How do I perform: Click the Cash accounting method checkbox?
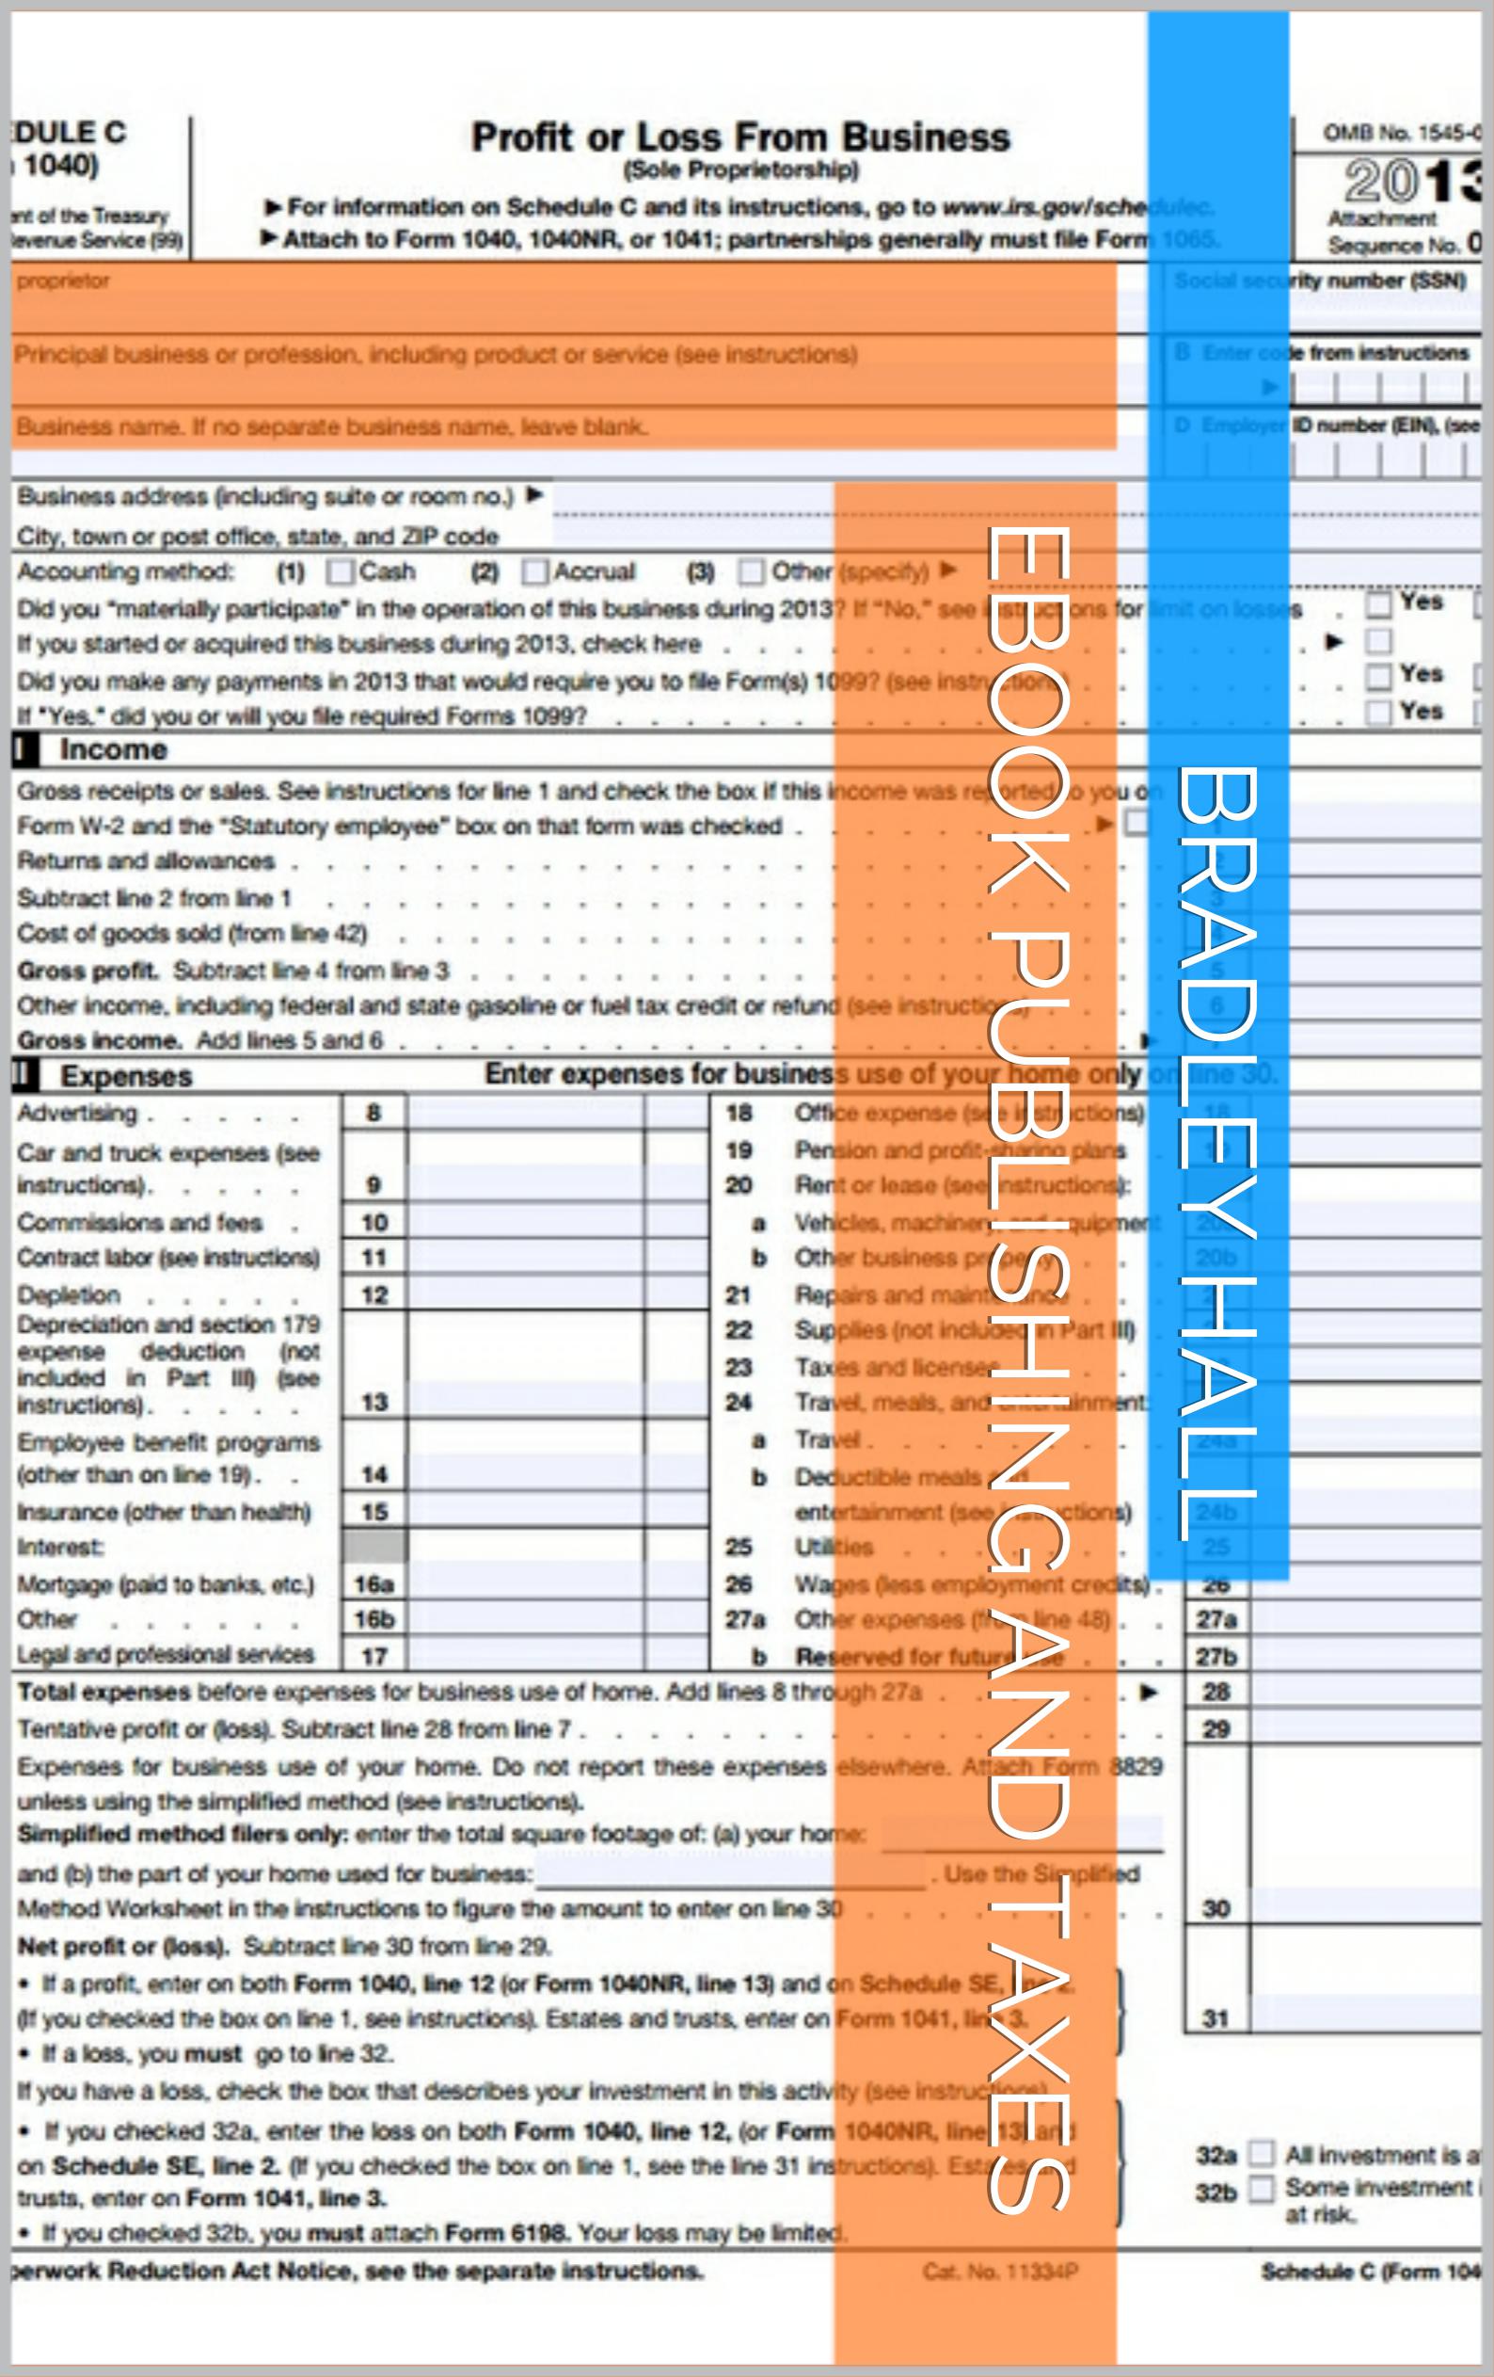pyautogui.click(x=341, y=571)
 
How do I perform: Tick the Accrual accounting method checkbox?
pyautogui.click(x=534, y=571)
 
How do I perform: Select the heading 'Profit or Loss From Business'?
pyautogui.click(x=740, y=137)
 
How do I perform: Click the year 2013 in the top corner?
pyautogui.click(x=1411, y=182)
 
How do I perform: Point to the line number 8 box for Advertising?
pyautogui.click(x=374, y=1114)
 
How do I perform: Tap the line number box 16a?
pyautogui.click(x=374, y=1584)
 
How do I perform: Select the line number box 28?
pyautogui.click(x=1216, y=1692)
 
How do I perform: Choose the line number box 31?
pyautogui.click(x=1216, y=2018)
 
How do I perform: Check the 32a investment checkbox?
pyautogui.click(x=1260, y=2153)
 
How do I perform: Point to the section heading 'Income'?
pyautogui.click(x=114, y=750)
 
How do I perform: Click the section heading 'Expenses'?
pyautogui.click(x=126, y=1076)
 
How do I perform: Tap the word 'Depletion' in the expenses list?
pyautogui.click(x=69, y=1295)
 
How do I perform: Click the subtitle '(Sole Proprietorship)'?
pyautogui.click(x=740, y=169)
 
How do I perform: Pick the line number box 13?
pyautogui.click(x=374, y=1403)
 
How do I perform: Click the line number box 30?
pyautogui.click(x=1216, y=1908)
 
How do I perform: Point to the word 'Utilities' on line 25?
pyautogui.click(x=834, y=1547)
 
